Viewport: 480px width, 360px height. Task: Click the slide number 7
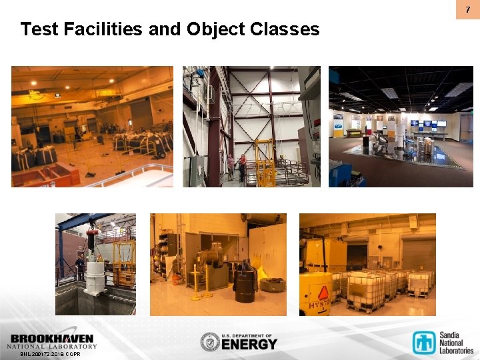click(467, 9)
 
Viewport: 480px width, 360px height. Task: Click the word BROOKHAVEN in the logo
click(52, 339)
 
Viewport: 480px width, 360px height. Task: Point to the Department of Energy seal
click(210, 342)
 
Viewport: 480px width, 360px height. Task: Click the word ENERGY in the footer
click(249, 344)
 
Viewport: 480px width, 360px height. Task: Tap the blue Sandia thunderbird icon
click(424, 342)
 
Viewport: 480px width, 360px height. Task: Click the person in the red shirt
click(231, 167)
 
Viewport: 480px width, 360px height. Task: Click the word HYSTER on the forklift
click(319, 305)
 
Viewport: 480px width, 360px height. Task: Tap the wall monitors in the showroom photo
click(427, 123)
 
